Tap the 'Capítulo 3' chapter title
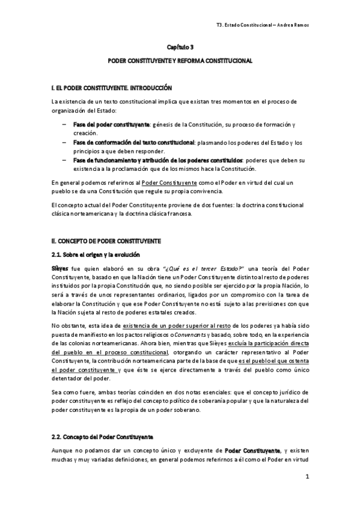(x=180, y=46)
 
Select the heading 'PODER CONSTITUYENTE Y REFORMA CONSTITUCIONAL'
(x=180, y=61)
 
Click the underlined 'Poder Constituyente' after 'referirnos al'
(x=170, y=182)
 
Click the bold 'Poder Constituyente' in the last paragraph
(x=252, y=450)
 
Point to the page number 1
(x=307, y=478)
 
